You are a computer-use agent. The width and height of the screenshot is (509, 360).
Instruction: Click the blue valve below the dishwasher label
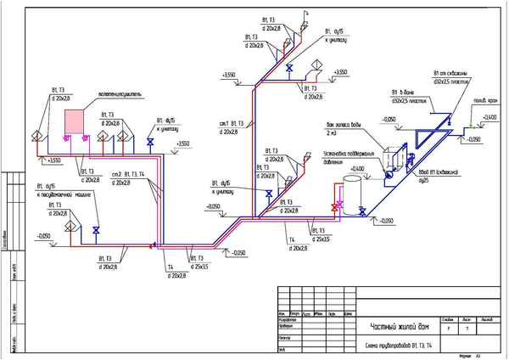pos(97,230)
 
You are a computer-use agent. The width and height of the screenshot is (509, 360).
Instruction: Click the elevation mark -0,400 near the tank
pos(357,168)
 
